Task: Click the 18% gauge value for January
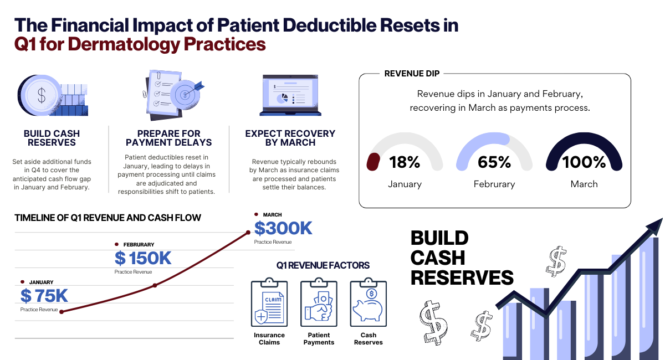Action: (x=406, y=162)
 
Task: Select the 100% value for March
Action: (x=584, y=162)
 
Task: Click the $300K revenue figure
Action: (x=283, y=228)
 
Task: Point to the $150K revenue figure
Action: (x=143, y=258)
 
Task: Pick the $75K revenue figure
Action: (x=44, y=296)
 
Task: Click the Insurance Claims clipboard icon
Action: (x=269, y=304)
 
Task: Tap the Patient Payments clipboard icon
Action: (x=319, y=304)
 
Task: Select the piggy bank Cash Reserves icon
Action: (x=368, y=304)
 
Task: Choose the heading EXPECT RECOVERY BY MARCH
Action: (x=290, y=138)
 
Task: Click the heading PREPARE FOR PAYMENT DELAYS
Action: (x=168, y=138)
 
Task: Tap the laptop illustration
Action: (x=290, y=95)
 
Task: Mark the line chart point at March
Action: (x=248, y=233)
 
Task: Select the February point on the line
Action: (x=155, y=285)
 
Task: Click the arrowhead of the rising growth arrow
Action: (x=654, y=225)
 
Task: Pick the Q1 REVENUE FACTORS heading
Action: (x=323, y=266)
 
